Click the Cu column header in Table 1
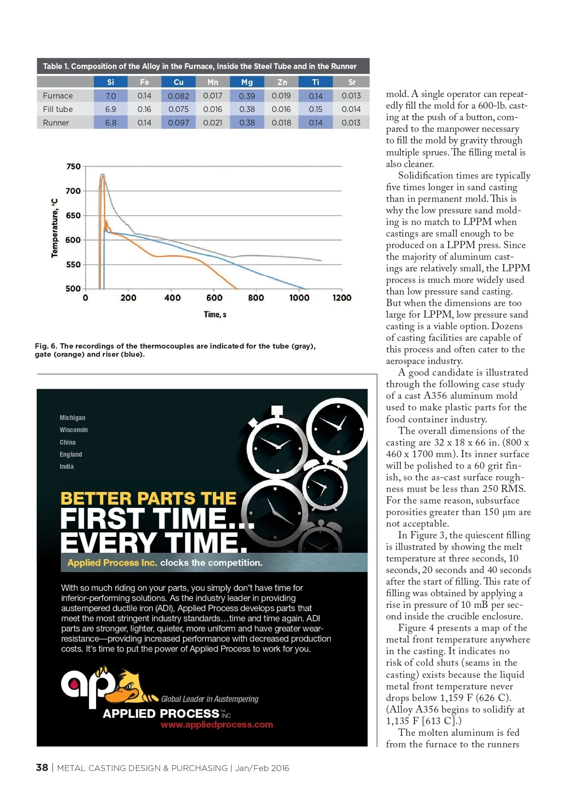[x=179, y=82]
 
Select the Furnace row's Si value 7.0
[x=110, y=96]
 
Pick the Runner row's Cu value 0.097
[x=179, y=123]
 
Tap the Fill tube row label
[x=58, y=109]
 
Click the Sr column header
[x=352, y=82]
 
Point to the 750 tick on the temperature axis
[x=73, y=167]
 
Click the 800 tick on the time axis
[x=256, y=298]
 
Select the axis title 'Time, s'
[x=215, y=315]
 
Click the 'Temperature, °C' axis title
[x=55, y=228]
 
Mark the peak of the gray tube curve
[x=102, y=174]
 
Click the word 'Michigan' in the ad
[x=72, y=418]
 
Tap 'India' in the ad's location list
[x=67, y=466]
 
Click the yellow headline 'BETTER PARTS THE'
[x=148, y=498]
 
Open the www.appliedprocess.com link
[x=217, y=725]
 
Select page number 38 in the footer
[x=42, y=768]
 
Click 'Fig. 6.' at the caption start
[x=46, y=346]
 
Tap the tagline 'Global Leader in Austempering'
[x=209, y=699]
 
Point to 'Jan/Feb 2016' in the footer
[x=262, y=768]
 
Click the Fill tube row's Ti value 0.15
[x=316, y=109]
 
